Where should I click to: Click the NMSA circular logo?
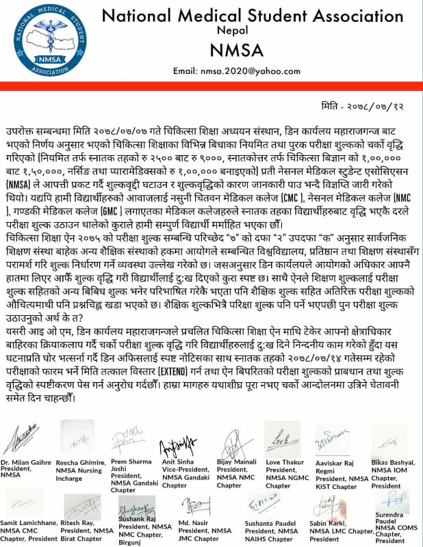click(43, 40)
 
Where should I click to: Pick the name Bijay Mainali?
click(236, 462)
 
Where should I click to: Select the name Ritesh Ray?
click(79, 522)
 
